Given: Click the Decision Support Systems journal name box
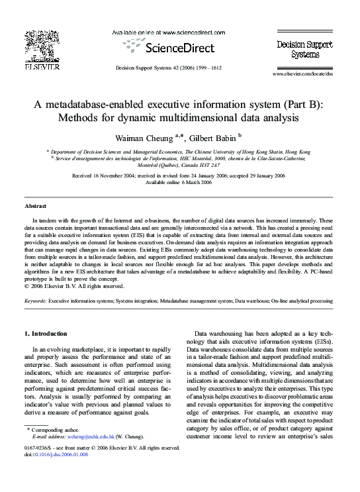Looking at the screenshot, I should click(x=302, y=48).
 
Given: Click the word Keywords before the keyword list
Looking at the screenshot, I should click(x=35, y=300).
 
